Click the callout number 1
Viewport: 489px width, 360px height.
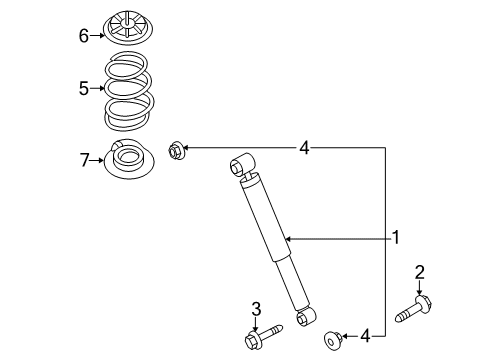point(396,238)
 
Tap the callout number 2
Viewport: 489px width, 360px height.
point(421,271)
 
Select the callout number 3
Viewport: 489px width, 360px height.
point(255,307)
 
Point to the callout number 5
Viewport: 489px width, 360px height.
point(85,89)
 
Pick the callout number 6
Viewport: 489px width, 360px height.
point(85,36)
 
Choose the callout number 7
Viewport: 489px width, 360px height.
point(85,158)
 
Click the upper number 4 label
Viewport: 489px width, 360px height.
point(304,149)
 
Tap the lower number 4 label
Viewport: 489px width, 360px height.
point(365,336)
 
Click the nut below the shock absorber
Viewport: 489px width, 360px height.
point(330,341)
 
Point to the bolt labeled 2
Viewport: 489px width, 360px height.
point(416,306)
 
